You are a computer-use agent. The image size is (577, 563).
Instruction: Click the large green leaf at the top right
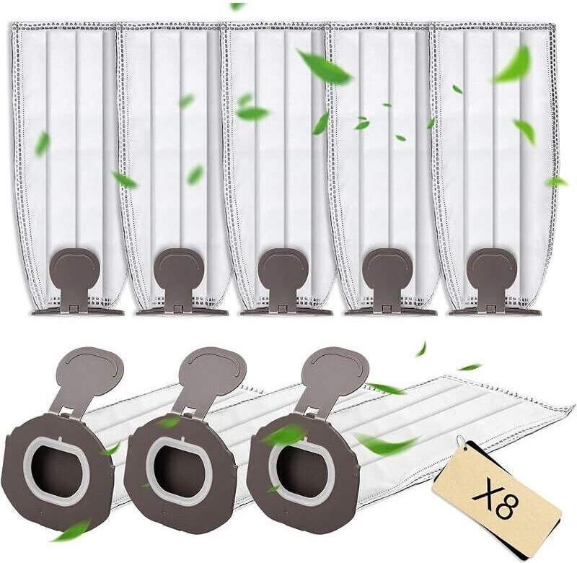click(x=513, y=65)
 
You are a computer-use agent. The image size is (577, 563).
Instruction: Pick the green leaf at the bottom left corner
click(x=71, y=530)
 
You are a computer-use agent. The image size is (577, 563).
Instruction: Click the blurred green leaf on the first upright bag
click(x=43, y=143)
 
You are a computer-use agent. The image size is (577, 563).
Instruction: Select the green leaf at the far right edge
click(x=555, y=181)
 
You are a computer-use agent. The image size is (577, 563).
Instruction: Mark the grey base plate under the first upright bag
click(x=78, y=313)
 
